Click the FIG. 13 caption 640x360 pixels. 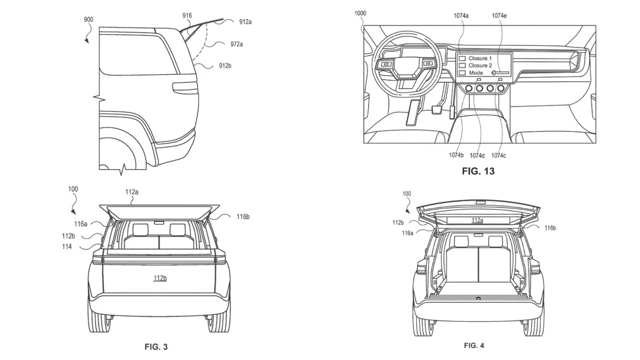click(x=478, y=171)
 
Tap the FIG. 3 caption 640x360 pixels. click(x=156, y=347)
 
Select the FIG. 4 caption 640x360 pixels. click(x=474, y=345)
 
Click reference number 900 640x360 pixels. click(x=88, y=19)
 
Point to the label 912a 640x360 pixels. click(x=245, y=22)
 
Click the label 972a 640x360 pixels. click(x=236, y=44)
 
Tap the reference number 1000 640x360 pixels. click(x=360, y=14)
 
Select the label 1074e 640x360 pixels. click(x=499, y=15)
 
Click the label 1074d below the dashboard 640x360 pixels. click(x=477, y=156)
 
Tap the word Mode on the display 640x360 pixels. click(x=476, y=73)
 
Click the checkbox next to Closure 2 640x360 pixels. click(x=462, y=66)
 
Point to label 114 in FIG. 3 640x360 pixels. click(x=67, y=247)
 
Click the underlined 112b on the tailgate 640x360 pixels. click(x=159, y=278)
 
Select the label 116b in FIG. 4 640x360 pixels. click(x=550, y=228)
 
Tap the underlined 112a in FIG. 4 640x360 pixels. click(x=477, y=220)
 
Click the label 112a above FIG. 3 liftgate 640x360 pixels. click(x=131, y=192)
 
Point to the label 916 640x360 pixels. click(x=187, y=15)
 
